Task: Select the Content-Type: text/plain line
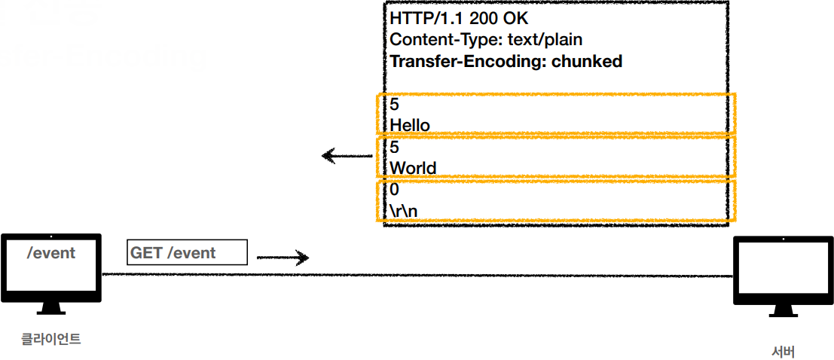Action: pyautogui.click(x=486, y=39)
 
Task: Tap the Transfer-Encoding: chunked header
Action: pyautogui.click(x=506, y=61)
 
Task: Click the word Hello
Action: pyautogui.click(x=410, y=124)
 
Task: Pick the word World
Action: pyautogui.click(x=413, y=167)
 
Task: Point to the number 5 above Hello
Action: pyautogui.click(x=395, y=104)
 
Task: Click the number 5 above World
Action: pyautogui.click(x=395, y=147)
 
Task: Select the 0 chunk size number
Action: pyautogui.click(x=395, y=190)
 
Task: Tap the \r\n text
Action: pyautogui.click(x=404, y=211)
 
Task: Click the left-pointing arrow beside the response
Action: pyautogui.click(x=347, y=157)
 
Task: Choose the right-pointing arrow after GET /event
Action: pyautogui.click(x=283, y=258)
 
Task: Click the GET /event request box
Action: pyautogui.click(x=187, y=253)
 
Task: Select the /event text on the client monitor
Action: pyautogui.click(x=51, y=253)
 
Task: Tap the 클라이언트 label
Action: pyautogui.click(x=50, y=339)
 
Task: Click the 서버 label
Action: pyautogui.click(x=783, y=352)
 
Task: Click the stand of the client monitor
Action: pyautogui.click(x=50, y=310)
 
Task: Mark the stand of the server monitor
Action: pyautogui.click(x=783, y=311)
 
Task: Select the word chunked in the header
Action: pyautogui.click(x=587, y=61)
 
